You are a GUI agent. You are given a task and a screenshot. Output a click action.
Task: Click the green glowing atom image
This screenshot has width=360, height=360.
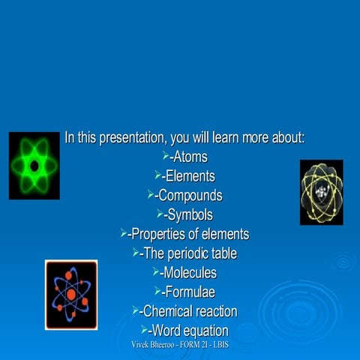tap(34, 166)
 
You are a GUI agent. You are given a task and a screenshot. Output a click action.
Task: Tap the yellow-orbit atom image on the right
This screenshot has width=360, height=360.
tap(321, 193)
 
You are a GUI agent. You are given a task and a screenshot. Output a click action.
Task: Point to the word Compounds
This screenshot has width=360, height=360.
tap(190, 196)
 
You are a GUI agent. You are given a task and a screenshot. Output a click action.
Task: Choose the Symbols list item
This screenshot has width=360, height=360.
tap(190, 215)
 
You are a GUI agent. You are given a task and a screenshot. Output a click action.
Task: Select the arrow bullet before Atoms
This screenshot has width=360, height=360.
tap(166, 156)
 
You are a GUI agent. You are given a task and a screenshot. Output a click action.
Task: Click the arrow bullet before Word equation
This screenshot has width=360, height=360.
tap(144, 330)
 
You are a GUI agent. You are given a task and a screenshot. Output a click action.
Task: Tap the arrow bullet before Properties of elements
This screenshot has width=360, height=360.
tap(124, 234)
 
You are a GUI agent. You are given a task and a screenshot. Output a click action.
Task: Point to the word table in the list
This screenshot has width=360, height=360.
tap(223, 253)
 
